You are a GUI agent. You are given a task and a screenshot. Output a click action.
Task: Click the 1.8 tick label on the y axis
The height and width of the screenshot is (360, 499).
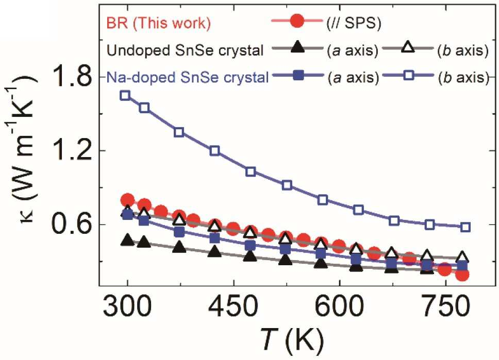tap(72, 77)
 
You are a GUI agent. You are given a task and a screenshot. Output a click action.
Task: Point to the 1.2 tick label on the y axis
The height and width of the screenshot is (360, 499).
tap(72, 150)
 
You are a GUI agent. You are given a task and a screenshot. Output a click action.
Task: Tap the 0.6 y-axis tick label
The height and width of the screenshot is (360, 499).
tap(72, 224)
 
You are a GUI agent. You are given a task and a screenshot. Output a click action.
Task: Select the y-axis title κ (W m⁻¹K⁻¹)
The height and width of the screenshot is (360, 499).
tap(29, 154)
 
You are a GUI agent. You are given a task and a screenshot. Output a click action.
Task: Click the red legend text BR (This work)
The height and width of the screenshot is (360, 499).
tap(159, 23)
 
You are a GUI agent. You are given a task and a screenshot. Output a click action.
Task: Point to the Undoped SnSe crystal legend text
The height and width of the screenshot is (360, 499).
tap(185, 50)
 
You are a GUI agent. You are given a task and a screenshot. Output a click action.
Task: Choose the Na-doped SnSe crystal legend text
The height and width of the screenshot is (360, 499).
tap(188, 77)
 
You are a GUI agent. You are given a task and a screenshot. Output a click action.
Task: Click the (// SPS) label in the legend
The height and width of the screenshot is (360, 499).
tap(353, 24)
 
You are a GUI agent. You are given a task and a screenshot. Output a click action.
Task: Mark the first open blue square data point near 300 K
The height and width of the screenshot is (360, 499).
tap(125, 95)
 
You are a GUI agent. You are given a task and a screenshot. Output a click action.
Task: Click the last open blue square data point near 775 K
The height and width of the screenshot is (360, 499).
tap(465, 227)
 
